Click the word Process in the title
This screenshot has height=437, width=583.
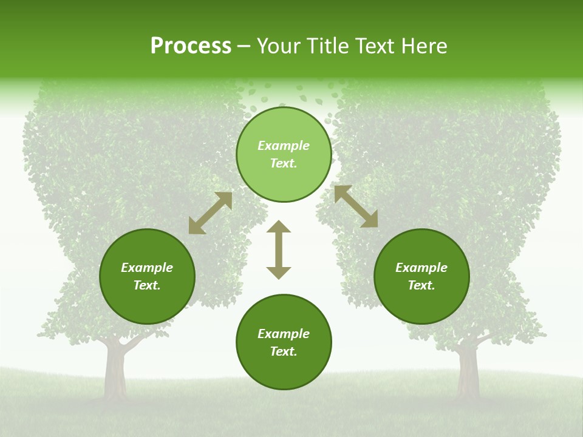(x=191, y=46)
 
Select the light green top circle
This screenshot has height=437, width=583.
(x=284, y=155)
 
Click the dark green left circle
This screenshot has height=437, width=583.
(x=147, y=276)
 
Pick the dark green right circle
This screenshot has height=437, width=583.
(x=421, y=276)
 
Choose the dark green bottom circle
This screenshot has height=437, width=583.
(x=284, y=342)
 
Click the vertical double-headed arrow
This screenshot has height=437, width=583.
(x=279, y=249)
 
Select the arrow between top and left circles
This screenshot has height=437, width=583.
(x=210, y=213)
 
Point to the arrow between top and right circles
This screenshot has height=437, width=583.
(x=356, y=206)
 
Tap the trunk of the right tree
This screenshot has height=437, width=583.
(x=468, y=370)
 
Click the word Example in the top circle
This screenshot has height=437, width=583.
(x=284, y=146)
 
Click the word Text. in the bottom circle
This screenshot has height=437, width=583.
(x=284, y=351)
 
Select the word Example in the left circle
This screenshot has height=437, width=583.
(x=147, y=268)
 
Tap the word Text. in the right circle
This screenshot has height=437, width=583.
(x=421, y=285)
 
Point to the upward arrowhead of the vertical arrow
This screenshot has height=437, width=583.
(x=279, y=228)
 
